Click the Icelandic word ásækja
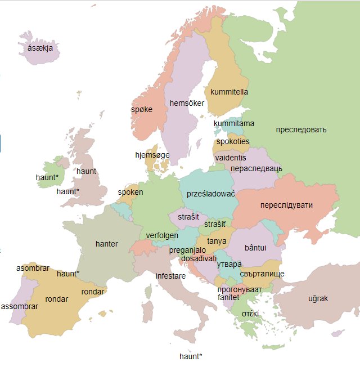point(40,49)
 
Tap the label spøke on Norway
point(142,109)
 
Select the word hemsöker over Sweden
point(187,103)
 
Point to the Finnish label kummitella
point(229,92)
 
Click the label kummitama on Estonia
point(234,123)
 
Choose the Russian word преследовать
point(301,130)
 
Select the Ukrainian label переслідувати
point(286,205)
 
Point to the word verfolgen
point(162,235)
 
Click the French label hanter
point(107,244)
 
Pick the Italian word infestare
point(171,276)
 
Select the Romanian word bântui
point(256,248)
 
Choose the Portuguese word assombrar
point(20,307)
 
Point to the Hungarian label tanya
point(217,241)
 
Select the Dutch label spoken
point(130,192)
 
